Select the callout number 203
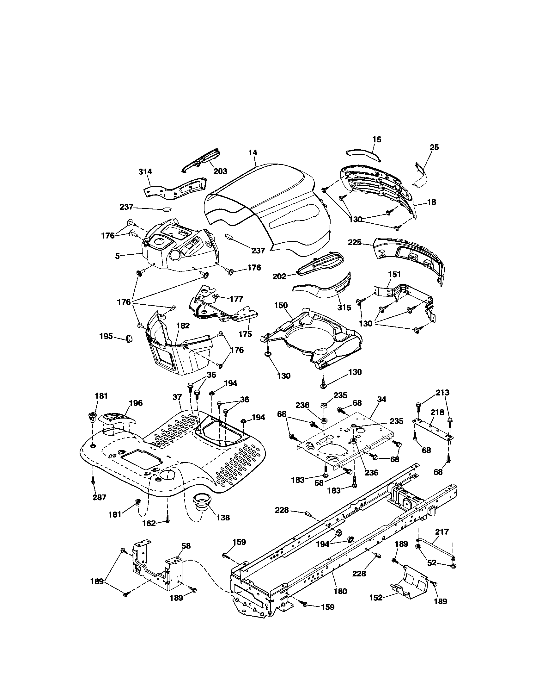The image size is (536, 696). click(x=220, y=171)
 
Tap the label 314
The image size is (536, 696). click(x=145, y=171)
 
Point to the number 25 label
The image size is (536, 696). click(x=434, y=147)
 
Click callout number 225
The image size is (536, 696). click(x=355, y=242)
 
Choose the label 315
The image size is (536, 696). click(x=344, y=307)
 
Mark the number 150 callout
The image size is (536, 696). click(x=281, y=305)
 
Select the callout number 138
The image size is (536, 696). click(x=223, y=518)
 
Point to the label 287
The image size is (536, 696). click(x=99, y=497)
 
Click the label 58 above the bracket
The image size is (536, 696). click(x=186, y=546)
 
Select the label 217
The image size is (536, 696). click(x=442, y=531)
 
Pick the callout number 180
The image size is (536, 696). click(x=340, y=591)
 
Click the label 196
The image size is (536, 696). click(x=136, y=403)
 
